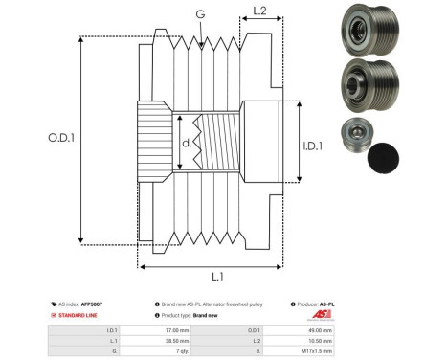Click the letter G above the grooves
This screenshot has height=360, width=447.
click(x=199, y=14)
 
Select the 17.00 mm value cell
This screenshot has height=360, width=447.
click(x=177, y=328)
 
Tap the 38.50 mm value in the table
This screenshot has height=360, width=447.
click(x=177, y=340)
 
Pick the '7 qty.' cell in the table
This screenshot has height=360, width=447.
click(x=179, y=351)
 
